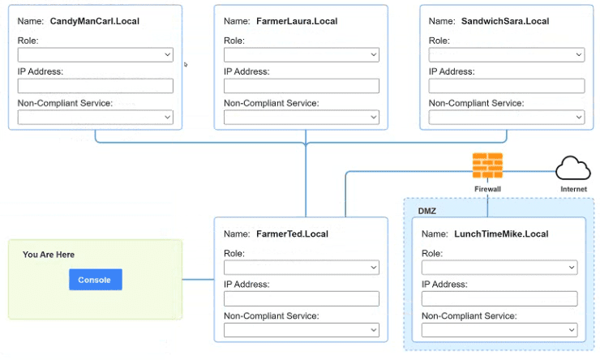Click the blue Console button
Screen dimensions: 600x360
tap(96, 280)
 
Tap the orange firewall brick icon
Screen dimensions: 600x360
tap(487, 165)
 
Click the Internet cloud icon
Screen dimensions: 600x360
tap(572, 168)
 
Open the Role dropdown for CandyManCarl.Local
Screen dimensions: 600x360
tap(96, 54)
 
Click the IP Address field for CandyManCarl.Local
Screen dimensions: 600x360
tap(96, 86)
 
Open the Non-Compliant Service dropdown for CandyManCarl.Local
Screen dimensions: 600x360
tap(96, 117)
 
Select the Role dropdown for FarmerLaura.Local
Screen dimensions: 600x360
tap(302, 54)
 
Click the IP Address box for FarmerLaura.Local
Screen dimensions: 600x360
tap(302, 86)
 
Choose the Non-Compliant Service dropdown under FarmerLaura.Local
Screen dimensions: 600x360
tap(302, 117)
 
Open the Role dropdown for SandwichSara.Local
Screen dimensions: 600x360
tap(507, 54)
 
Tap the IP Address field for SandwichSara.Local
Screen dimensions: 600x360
tap(507, 86)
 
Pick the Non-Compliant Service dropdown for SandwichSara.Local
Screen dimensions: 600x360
tap(507, 117)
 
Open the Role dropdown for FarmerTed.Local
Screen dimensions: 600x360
tap(302, 268)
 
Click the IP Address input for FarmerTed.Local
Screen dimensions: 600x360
tap(302, 299)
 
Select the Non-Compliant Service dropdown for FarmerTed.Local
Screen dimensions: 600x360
tap(302, 330)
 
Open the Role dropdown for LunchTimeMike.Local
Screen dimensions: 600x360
tap(499, 268)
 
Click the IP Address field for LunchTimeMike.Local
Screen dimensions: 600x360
tap(499, 299)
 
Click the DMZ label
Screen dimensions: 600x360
tap(427, 211)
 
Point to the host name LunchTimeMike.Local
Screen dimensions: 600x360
tap(501, 234)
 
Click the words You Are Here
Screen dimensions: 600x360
tap(49, 255)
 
